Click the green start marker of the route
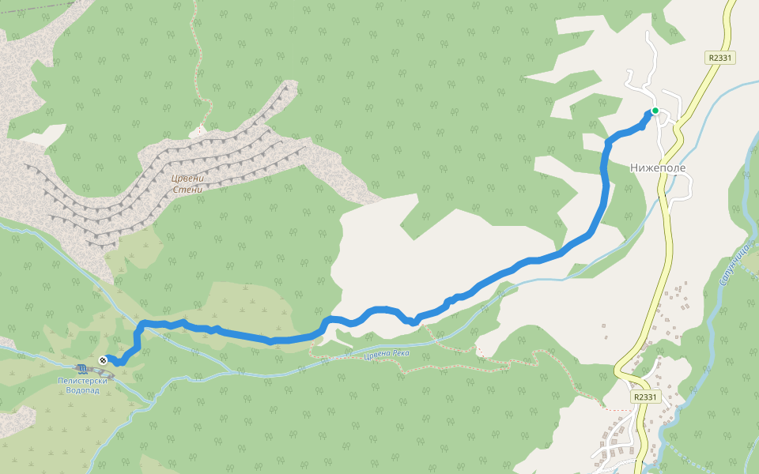coord(655,111)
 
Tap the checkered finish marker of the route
coord(103,360)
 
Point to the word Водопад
coord(82,390)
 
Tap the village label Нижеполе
coord(657,168)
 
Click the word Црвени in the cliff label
coord(187,179)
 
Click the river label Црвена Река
coord(387,353)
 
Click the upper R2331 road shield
coord(720,58)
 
